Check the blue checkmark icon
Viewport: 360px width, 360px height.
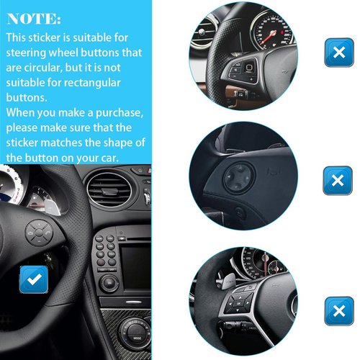[33, 279]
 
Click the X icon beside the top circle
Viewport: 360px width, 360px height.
[338, 53]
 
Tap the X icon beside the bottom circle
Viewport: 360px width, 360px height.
[338, 310]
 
